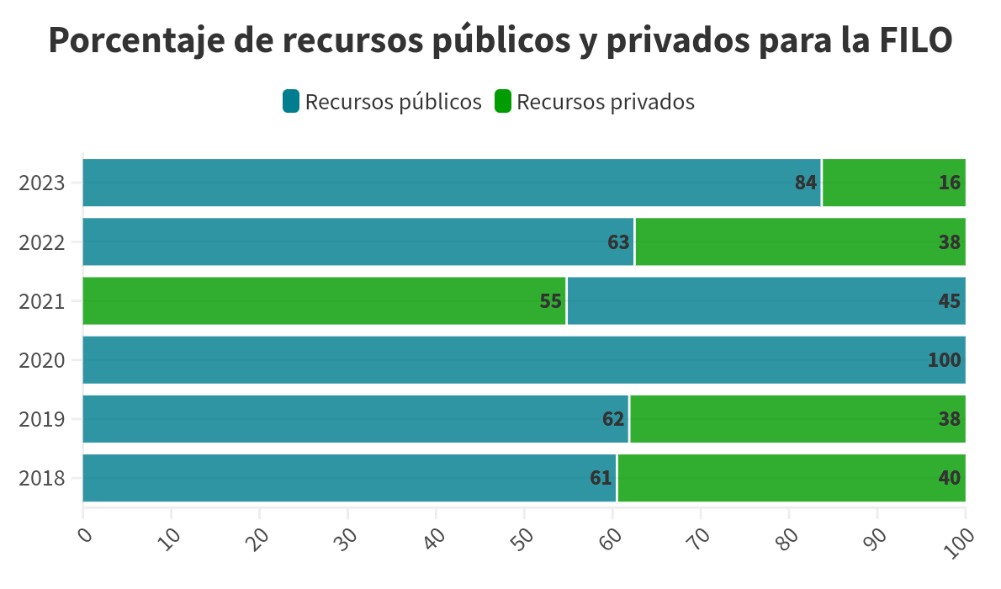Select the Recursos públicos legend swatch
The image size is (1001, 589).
coord(291,102)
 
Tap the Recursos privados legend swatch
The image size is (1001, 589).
coord(502,102)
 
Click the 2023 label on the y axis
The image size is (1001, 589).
coord(41,183)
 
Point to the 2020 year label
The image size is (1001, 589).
coord(41,360)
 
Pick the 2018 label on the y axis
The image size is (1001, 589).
coord(41,478)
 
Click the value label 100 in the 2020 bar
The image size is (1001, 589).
coord(944,360)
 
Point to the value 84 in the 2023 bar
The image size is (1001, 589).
coord(806,183)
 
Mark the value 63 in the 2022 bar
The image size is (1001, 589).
coord(618,242)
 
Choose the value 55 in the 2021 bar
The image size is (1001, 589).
coord(550,301)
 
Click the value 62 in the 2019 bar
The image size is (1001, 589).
coord(613,419)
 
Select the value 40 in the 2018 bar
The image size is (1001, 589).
coord(949,478)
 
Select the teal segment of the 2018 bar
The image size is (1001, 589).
coord(336,478)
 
